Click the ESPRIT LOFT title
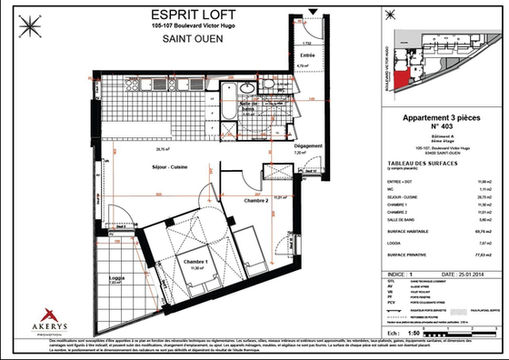(191, 15)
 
